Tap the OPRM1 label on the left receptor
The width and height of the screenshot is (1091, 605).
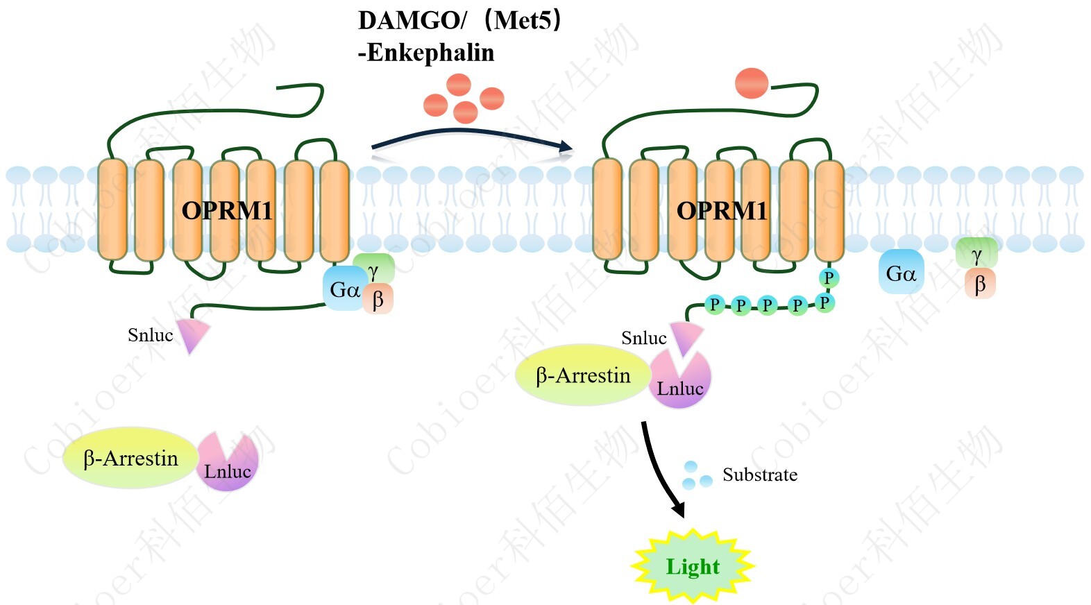tap(227, 210)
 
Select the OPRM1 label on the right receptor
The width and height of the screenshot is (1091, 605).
tap(722, 210)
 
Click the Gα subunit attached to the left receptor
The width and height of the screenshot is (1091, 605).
tap(344, 289)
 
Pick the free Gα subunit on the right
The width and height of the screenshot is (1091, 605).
tap(901, 273)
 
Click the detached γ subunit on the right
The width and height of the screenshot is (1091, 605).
tap(976, 254)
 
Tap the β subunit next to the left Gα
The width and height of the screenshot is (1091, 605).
tap(378, 300)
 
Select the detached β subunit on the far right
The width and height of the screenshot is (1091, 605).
tap(980, 284)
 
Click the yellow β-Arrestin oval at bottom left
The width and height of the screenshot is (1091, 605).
tap(130, 458)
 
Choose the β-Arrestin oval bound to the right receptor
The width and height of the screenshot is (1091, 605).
tap(583, 375)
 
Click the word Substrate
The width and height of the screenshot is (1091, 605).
tap(760, 475)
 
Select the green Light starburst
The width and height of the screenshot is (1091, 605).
tap(693, 566)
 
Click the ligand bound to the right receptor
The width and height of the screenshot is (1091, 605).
tap(752, 83)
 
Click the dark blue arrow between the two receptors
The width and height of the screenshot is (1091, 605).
tap(472, 136)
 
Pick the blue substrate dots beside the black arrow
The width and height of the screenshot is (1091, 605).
tap(696, 475)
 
